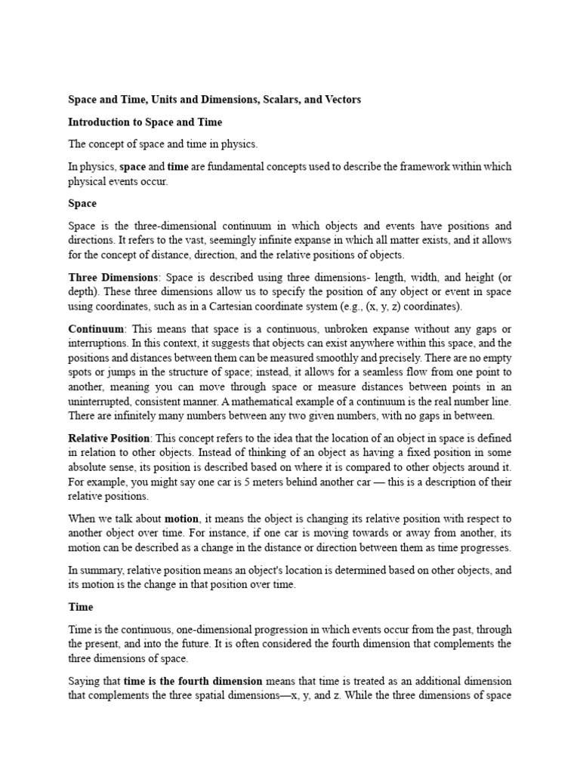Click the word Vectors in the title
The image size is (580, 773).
point(341,100)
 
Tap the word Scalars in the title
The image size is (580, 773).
point(276,100)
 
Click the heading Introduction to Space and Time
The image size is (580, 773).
point(145,122)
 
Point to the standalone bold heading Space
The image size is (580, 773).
point(82,203)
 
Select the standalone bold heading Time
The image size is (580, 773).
point(81,606)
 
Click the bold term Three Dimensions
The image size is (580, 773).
point(113,277)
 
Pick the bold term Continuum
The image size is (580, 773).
point(96,329)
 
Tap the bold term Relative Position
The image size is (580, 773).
point(110,439)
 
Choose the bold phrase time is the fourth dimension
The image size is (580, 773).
point(193,681)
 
